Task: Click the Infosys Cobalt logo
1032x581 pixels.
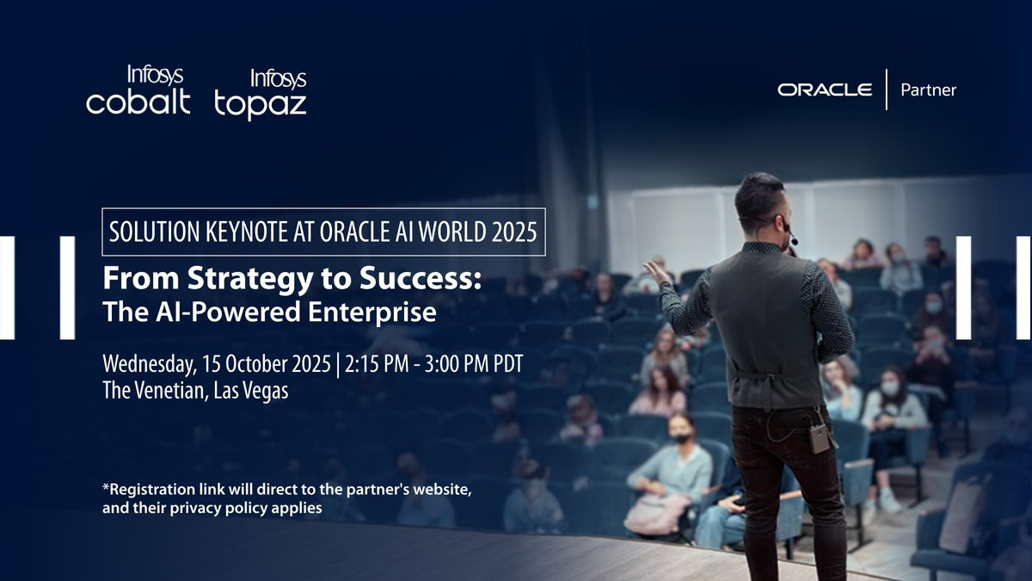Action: tap(138, 90)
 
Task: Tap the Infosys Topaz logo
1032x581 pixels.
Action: tap(261, 94)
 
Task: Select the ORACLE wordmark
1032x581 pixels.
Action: tap(825, 90)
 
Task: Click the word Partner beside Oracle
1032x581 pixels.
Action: tap(928, 90)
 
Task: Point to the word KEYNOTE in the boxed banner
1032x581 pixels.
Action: tap(247, 232)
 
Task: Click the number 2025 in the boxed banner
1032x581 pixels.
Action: tap(514, 232)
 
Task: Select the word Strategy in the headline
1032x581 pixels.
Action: tap(250, 280)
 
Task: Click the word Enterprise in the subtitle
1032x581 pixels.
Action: tap(372, 312)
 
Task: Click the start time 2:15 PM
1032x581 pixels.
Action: tap(377, 364)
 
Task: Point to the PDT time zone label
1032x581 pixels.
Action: tap(508, 364)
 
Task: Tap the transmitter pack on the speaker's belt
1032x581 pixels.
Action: tap(820, 439)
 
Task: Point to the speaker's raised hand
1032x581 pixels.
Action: tap(657, 273)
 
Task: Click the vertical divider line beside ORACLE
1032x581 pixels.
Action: tap(887, 90)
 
